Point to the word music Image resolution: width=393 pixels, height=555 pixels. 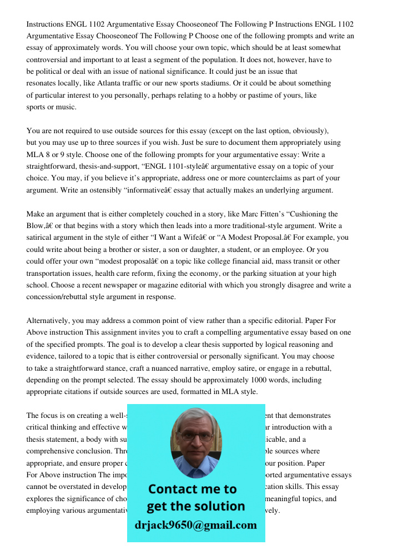[66, 107]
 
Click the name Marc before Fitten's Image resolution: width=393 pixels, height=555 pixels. [264, 214]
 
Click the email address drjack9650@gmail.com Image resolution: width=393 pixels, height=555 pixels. [196, 525]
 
